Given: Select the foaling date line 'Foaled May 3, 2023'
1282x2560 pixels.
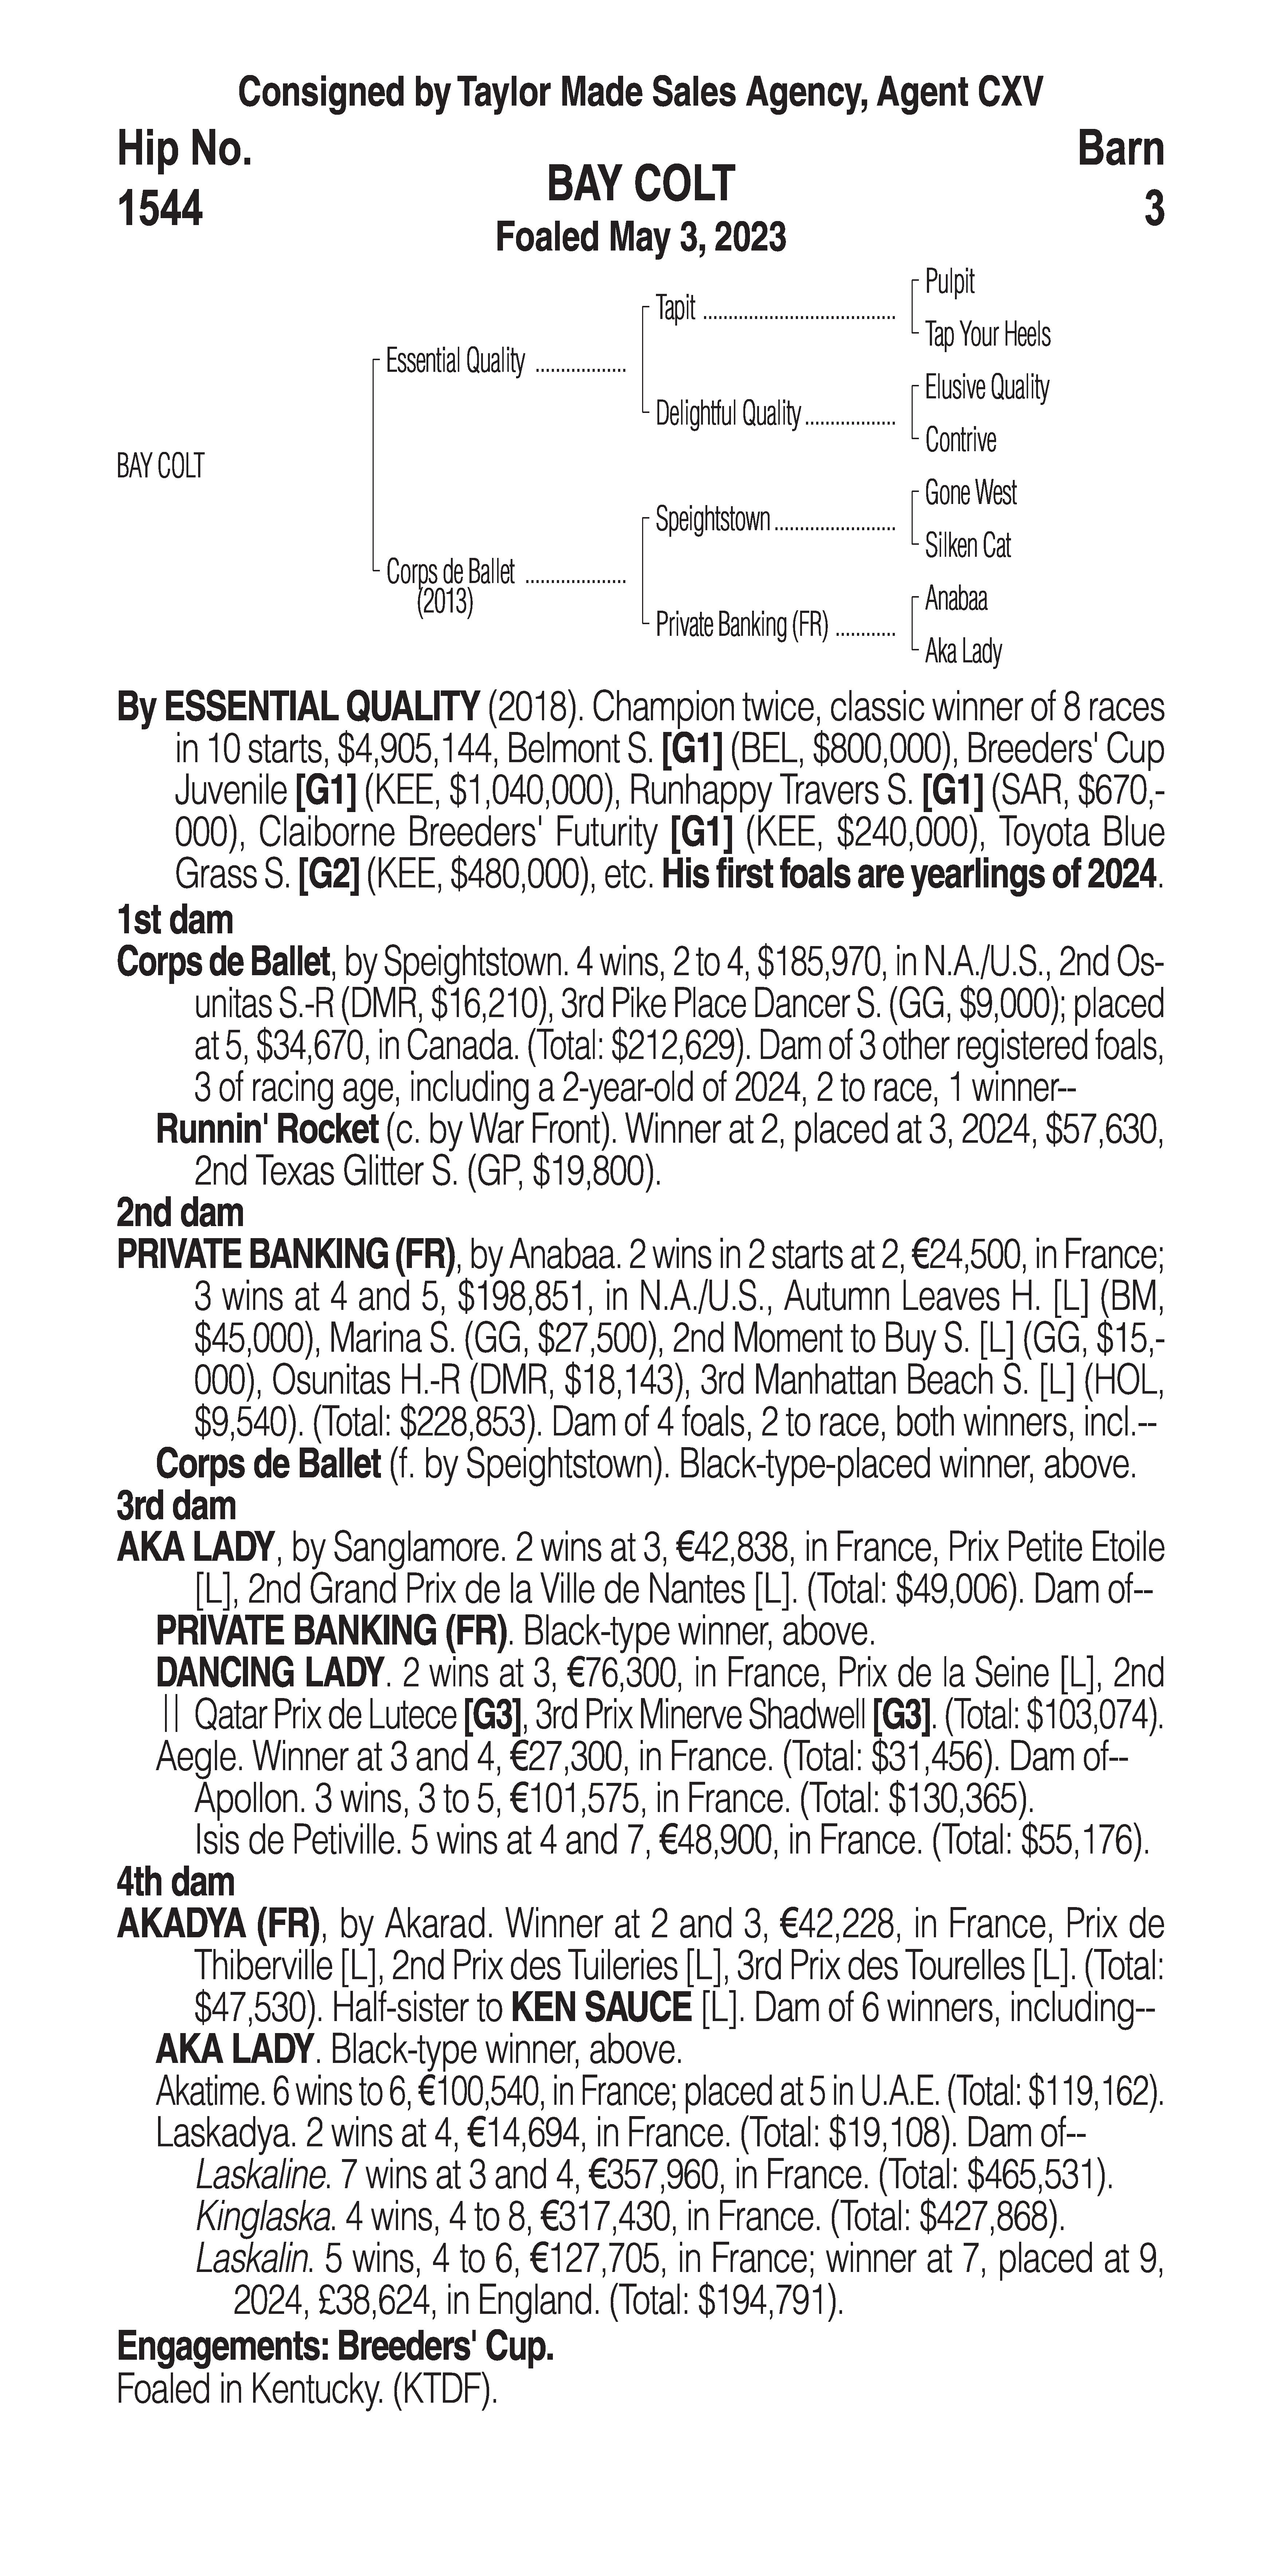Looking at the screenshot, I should (x=641, y=237).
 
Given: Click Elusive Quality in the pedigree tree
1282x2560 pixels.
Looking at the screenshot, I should (x=986, y=387).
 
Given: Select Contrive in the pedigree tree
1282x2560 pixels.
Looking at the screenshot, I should (x=960, y=440).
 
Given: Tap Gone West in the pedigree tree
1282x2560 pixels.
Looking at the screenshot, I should (x=970, y=493).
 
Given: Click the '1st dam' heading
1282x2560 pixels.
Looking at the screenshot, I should (x=175, y=920).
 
